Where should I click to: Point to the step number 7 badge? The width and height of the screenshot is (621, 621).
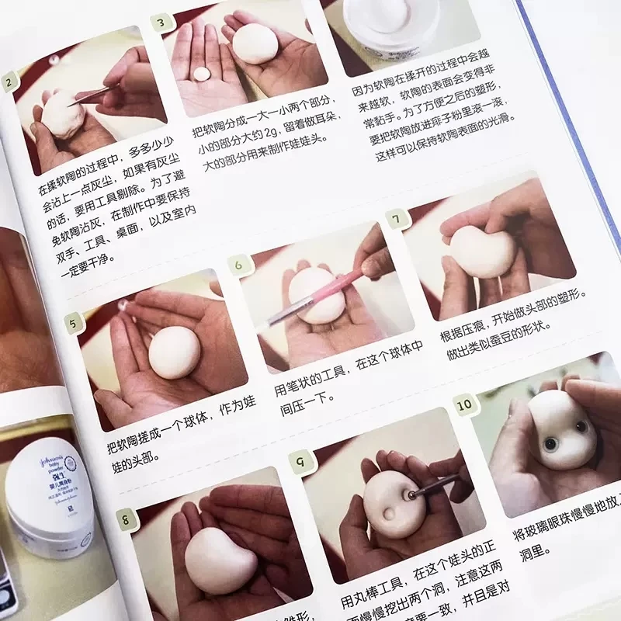click(398, 220)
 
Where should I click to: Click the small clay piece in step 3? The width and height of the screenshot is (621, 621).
click(200, 74)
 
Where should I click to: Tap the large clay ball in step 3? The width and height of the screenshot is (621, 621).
click(255, 43)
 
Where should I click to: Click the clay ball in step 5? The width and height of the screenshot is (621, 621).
click(175, 352)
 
